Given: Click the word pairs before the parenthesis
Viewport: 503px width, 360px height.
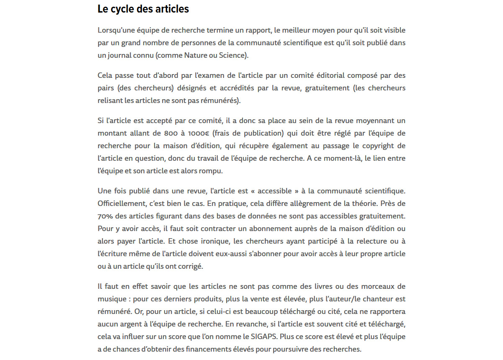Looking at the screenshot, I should [x=106, y=88].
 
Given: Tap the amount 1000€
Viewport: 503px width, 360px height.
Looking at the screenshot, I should [x=199, y=133].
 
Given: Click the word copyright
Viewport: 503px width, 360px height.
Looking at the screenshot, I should [x=379, y=146].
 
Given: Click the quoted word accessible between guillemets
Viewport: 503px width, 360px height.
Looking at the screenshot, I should [x=274, y=191].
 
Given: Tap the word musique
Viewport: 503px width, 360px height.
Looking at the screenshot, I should [x=111, y=299].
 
